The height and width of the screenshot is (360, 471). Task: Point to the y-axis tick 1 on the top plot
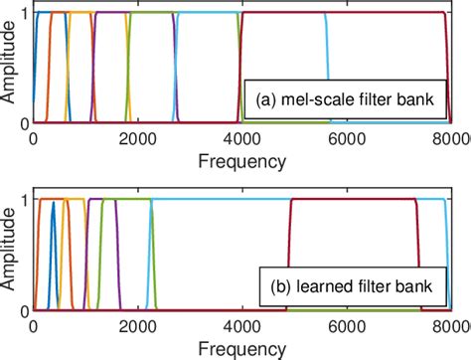tap(24, 12)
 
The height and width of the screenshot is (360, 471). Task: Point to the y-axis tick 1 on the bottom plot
tap(24, 199)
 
